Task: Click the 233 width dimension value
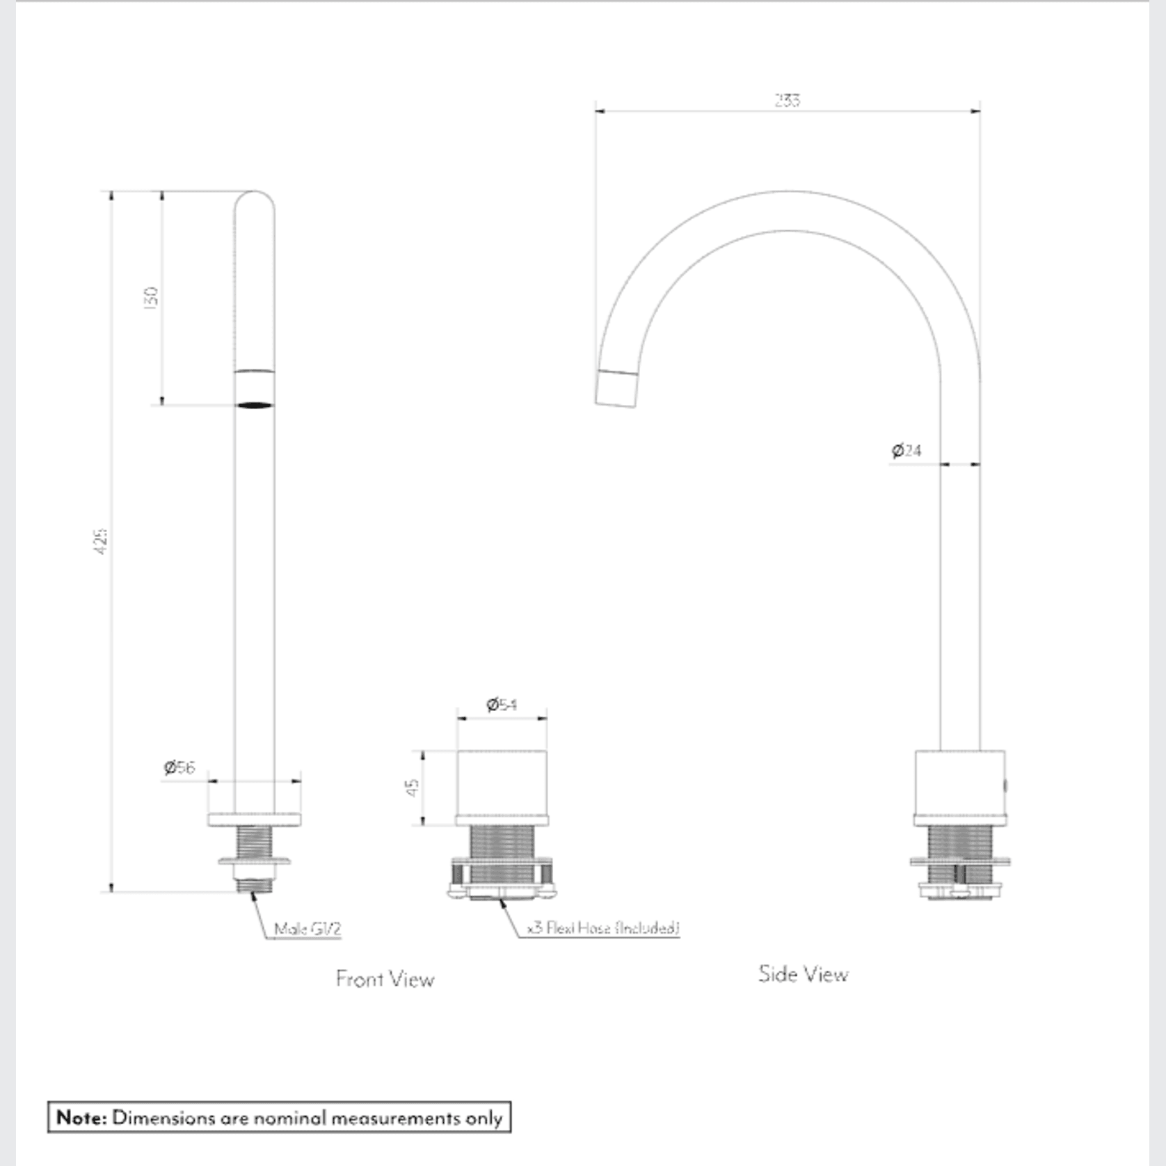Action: point(787,100)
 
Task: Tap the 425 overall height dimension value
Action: point(101,541)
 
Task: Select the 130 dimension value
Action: point(151,296)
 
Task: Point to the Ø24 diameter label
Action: point(907,450)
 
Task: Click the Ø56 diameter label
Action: point(179,767)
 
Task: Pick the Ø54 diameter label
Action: point(501,705)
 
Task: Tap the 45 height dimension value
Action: point(412,788)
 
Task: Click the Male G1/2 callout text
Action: point(308,929)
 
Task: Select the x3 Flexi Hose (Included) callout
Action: point(602,927)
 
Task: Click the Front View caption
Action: point(385,979)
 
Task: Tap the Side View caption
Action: point(803,973)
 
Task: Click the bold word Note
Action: point(81,1117)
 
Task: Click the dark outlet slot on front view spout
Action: point(254,405)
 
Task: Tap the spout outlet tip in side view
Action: point(616,388)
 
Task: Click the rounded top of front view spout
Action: point(254,202)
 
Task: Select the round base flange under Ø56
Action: point(254,819)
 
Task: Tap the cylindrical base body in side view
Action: point(959,783)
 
